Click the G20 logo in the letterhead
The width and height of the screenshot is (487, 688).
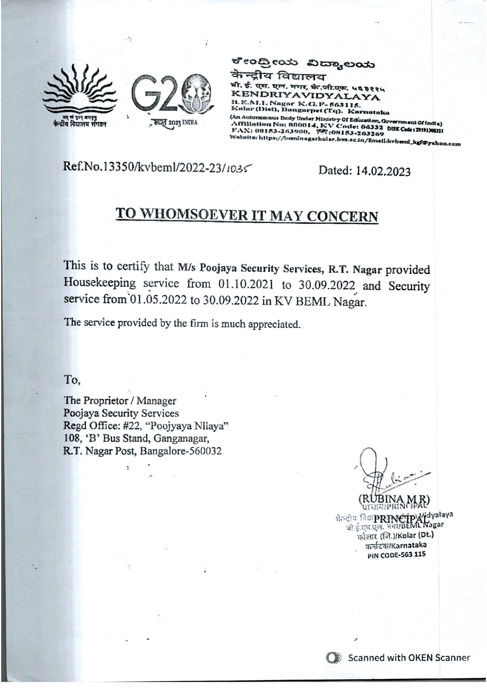[173, 96]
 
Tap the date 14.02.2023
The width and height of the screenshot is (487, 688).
[383, 171]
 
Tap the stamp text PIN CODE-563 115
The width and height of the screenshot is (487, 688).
[396, 554]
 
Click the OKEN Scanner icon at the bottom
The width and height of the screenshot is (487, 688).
[334, 658]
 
